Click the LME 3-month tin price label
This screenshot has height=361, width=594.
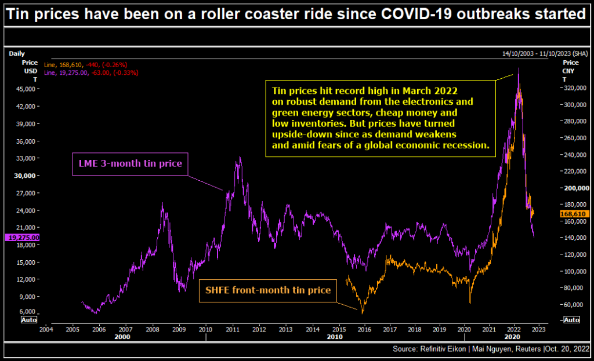click(x=131, y=164)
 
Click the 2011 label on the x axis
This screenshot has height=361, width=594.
click(x=232, y=329)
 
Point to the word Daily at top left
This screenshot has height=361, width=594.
click(x=17, y=53)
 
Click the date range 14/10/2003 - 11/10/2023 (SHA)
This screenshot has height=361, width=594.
click(x=546, y=53)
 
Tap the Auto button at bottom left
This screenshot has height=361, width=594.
click(x=29, y=319)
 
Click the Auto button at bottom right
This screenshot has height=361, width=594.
click(x=571, y=319)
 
